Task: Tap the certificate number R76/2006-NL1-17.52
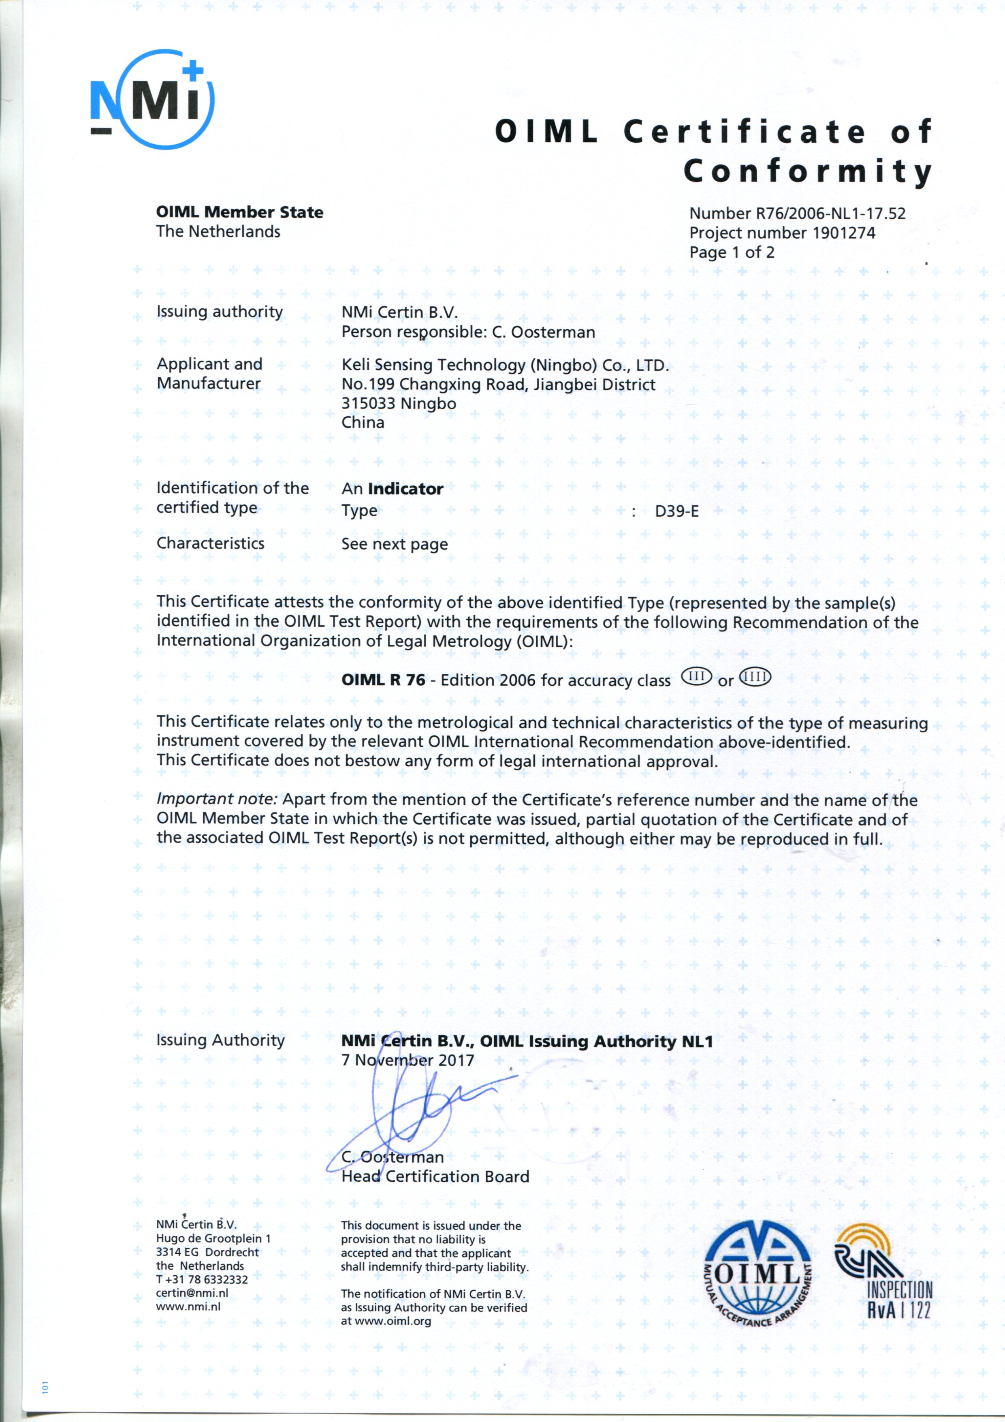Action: point(830,214)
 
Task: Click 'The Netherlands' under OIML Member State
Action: point(218,232)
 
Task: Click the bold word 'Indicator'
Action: point(405,489)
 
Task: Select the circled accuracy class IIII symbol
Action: point(755,676)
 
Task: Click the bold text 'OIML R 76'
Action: point(383,680)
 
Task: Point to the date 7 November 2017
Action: point(408,1060)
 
